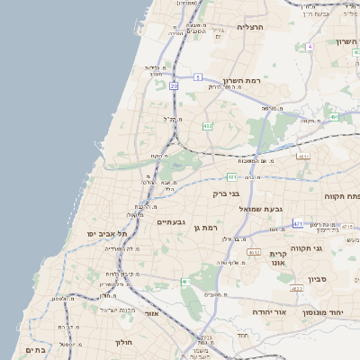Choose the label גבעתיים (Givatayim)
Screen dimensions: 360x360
(x=171, y=221)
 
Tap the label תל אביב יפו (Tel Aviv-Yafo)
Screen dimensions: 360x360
(x=104, y=233)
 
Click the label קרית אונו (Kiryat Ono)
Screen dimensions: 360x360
(x=277, y=259)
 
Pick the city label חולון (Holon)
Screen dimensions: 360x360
(x=123, y=342)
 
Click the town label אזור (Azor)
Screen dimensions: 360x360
(x=151, y=313)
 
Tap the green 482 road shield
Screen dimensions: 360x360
(x=208, y=126)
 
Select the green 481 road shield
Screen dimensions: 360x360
(x=232, y=175)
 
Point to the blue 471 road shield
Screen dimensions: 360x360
(x=298, y=221)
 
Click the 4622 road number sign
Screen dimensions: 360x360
(x=296, y=289)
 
